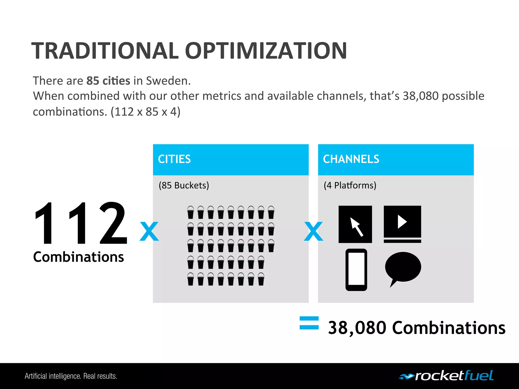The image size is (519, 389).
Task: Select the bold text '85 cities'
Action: (x=108, y=81)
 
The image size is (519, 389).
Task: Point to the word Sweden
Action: (x=168, y=81)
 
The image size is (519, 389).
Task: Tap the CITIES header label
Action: (x=174, y=159)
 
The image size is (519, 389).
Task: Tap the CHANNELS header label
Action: (x=351, y=159)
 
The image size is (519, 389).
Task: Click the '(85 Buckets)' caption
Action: (x=184, y=185)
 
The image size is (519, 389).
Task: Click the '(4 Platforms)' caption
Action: (x=350, y=185)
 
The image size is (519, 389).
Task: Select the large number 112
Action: (x=81, y=223)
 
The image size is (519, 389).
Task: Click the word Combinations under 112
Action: (x=79, y=257)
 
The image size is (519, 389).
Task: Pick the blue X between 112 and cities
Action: (x=149, y=231)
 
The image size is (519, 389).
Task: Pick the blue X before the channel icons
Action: (x=313, y=231)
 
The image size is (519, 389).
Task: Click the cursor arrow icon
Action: (x=355, y=224)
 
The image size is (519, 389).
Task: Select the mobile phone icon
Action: (x=356, y=270)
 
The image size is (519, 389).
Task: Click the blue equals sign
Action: (x=309, y=323)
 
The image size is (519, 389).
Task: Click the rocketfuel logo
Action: (x=446, y=376)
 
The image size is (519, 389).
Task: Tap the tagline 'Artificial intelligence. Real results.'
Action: (x=71, y=376)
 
